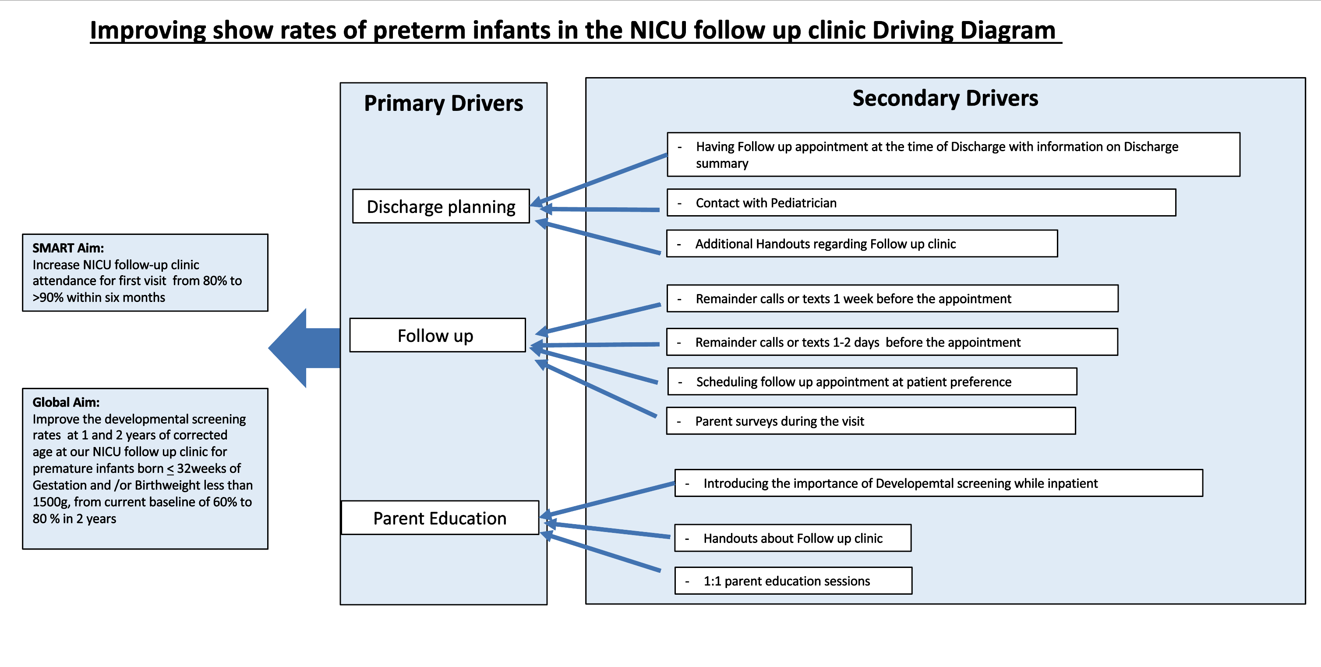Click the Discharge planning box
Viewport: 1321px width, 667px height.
pos(441,206)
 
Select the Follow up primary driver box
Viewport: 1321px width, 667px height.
pos(438,335)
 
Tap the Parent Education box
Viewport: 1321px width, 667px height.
pos(440,518)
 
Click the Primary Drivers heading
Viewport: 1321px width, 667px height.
pos(444,103)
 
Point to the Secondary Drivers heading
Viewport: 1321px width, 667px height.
pos(945,98)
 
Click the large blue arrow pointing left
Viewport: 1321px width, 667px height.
pos(304,348)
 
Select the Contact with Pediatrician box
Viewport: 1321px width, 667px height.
pos(921,202)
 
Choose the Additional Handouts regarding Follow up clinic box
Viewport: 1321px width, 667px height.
pos(862,243)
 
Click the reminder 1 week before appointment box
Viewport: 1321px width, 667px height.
pos(892,298)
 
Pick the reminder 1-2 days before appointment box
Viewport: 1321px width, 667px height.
pos(892,342)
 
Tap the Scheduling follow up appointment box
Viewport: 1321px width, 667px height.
pos(872,381)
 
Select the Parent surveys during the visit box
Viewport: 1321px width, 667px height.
pos(871,421)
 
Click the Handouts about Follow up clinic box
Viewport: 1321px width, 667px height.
pos(793,538)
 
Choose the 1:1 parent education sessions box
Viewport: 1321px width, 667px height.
pos(793,581)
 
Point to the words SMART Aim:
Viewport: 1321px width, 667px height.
pos(68,248)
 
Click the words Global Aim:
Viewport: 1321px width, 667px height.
pos(66,402)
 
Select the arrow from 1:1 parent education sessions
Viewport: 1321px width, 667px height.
pos(600,552)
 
